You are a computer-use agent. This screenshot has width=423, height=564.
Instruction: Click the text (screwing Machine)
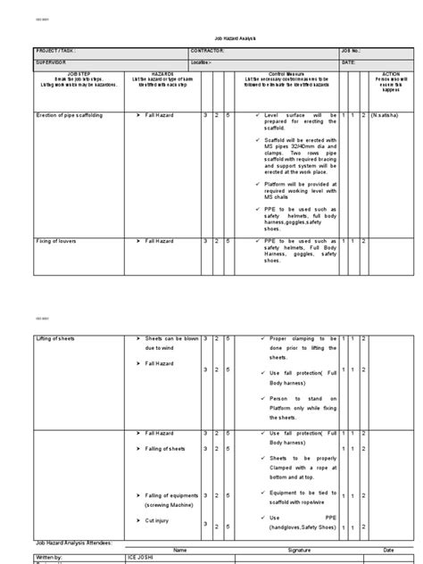tap(172, 504)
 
